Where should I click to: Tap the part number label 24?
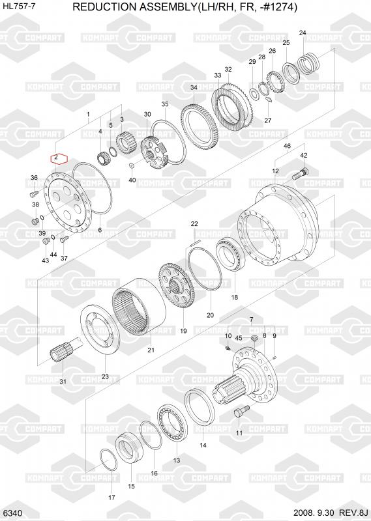[303, 33]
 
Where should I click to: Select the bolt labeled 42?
[301, 174]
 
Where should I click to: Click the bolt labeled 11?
[241, 411]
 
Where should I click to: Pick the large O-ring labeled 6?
[92, 188]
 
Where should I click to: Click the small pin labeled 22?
[196, 243]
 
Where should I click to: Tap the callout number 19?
[183, 331]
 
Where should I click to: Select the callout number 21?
[151, 350]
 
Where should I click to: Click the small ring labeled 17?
[108, 460]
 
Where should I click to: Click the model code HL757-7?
[19, 7]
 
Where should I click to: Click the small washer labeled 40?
[132, 165]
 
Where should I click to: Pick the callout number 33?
[218, 76]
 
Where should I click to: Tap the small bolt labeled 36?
[33, 193]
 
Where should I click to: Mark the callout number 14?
[203, 445]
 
